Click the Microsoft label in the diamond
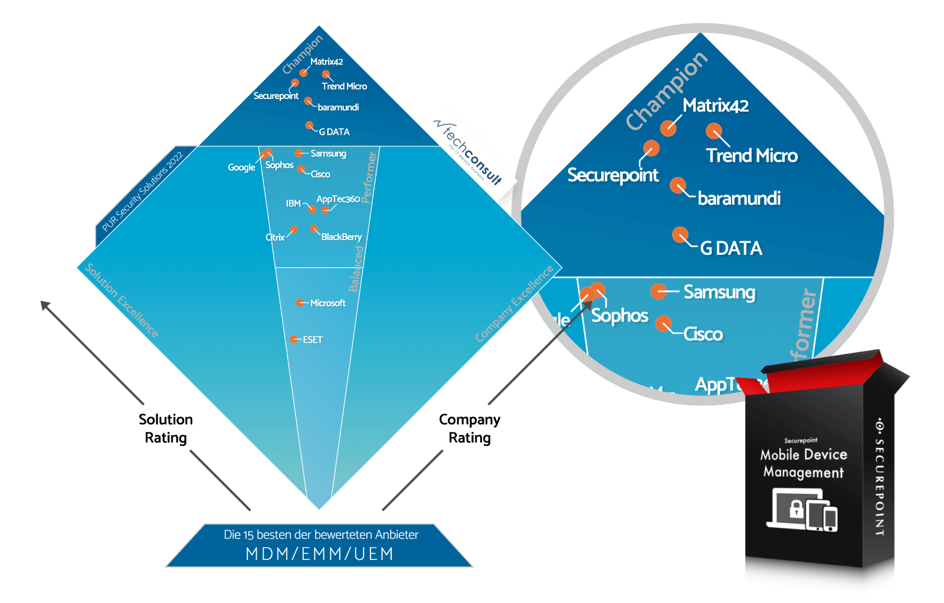[328, 303]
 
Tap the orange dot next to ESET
[294, 339]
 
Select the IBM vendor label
[293, 204]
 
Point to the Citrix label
[275, 237]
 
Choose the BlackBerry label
[341, 237]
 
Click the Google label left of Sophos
[241, 168]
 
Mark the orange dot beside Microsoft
[300, 303]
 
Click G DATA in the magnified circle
[731, 248]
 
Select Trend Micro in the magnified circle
[752, 156]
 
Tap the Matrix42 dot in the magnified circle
[668, 127]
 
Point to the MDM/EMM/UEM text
[319, 554]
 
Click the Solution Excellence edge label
[122, 300]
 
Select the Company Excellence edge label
[514, 303]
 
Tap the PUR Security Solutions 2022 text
[142, 192]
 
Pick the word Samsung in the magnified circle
[719, 292]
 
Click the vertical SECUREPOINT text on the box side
[879, 477]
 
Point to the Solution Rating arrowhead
[45, 305]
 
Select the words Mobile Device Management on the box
[803, 463]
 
